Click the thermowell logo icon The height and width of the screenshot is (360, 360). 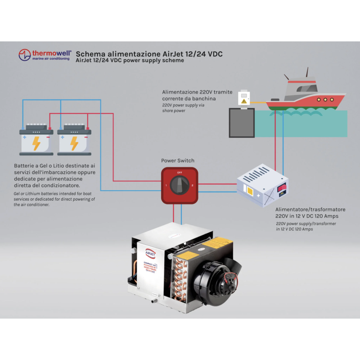pyautogui.click(x=24, y=55)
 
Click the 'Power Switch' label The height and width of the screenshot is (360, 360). pyautogui.click(x=178, y=161)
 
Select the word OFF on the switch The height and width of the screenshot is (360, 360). pyautogui.click(x=180, y=172)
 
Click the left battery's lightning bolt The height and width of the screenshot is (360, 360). pyautogui.click(x=36, y=143)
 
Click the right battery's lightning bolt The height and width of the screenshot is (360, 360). pyautogui.click(x=74, y=143)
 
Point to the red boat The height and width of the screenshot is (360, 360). pyautogui.click(x=306, y=97)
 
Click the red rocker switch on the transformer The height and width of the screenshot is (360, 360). pyautogui.click(x=283, y=186)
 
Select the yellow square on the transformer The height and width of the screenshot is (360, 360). pyautogui.click(x=249, y=191)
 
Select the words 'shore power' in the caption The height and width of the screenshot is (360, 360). pyautogui.click(x=173, y=111)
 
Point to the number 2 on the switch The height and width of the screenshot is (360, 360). pyautogui.click(x=192, y=185)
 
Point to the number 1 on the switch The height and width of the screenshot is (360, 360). pyautogui.click(x=166, y=185)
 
